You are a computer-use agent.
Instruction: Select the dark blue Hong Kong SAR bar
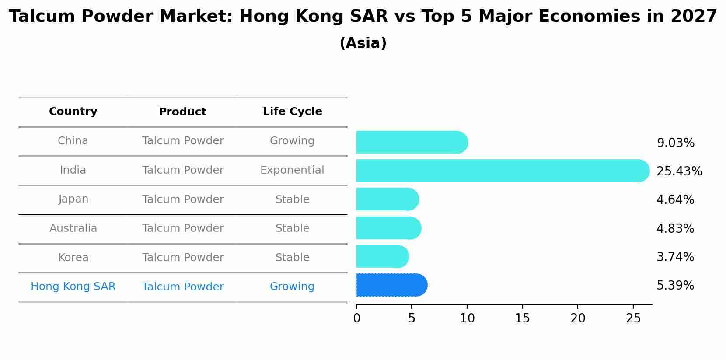coord(391,285)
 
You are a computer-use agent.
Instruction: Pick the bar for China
coord(412,142)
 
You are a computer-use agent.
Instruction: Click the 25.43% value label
coord(679,171)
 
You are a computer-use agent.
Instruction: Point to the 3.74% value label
coord(675,257)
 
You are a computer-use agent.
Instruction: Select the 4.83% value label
coord(675,228)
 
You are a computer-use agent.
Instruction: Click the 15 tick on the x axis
coord(522,318)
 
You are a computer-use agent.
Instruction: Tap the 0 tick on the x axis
coord(356,318)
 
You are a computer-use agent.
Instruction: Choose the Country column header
coord(73,112)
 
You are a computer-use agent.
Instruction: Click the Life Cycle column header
coord(292,112)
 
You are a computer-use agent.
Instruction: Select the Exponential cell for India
coord(292,170)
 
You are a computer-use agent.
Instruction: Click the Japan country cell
coord(73,199)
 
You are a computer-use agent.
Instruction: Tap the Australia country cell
coord(73,228)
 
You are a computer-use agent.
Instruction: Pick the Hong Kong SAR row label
coord(73,287)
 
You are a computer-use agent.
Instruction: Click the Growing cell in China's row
coord(292,141)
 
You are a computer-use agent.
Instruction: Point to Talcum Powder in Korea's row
coord(183,258)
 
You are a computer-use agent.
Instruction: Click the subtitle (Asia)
coord(363,43)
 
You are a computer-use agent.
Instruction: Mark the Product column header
coord(182,112)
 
